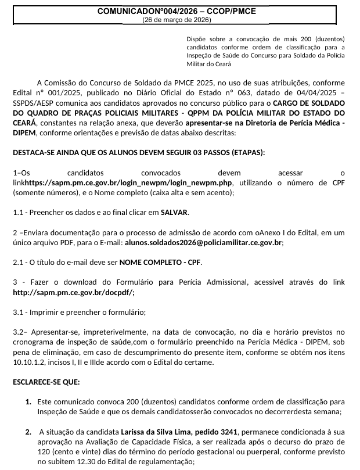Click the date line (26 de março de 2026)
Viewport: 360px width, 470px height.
tap(176, 19)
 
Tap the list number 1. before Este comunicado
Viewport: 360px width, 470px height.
tap(28, 401)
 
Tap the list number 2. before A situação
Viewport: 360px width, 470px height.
tap(28, 432)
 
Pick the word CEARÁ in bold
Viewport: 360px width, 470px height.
tap(24, 123)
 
